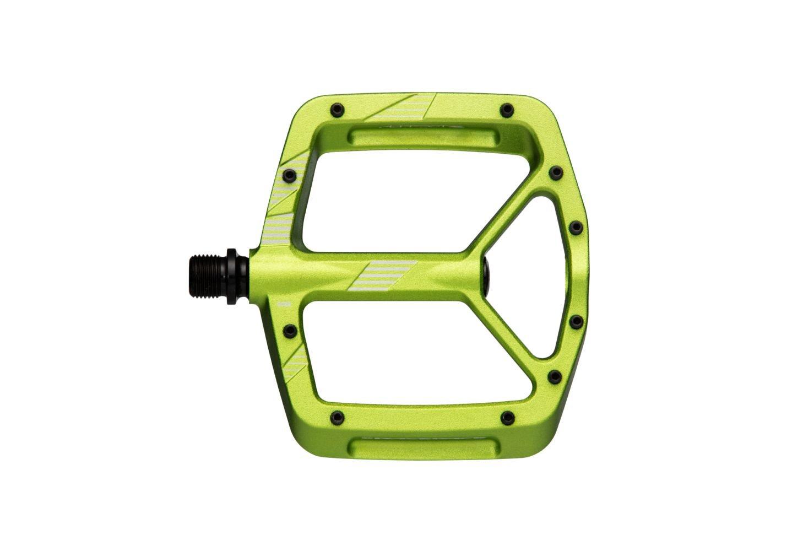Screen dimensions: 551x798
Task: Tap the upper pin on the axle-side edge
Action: click(x=287, y=176)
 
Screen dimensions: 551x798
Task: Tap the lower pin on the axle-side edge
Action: click(x=287, y=331)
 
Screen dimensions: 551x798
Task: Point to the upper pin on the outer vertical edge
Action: click(x=576, y=226)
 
